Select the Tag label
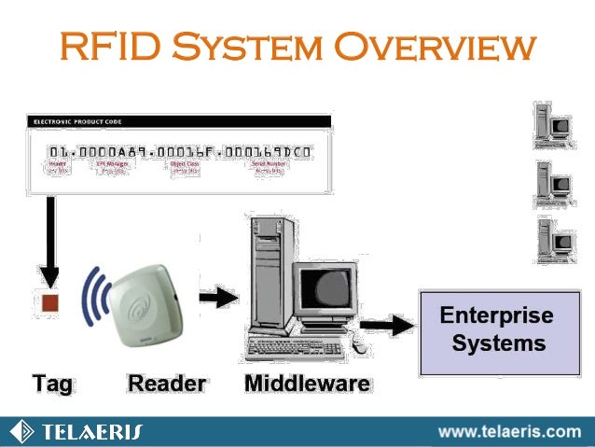coord(52,383)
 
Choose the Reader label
coord(167,383)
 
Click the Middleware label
coord(307,383)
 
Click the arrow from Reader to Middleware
coord(220,298)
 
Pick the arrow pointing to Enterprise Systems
coord(386,325)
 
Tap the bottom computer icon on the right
coord(554,240)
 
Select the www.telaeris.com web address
coord(509,431)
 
